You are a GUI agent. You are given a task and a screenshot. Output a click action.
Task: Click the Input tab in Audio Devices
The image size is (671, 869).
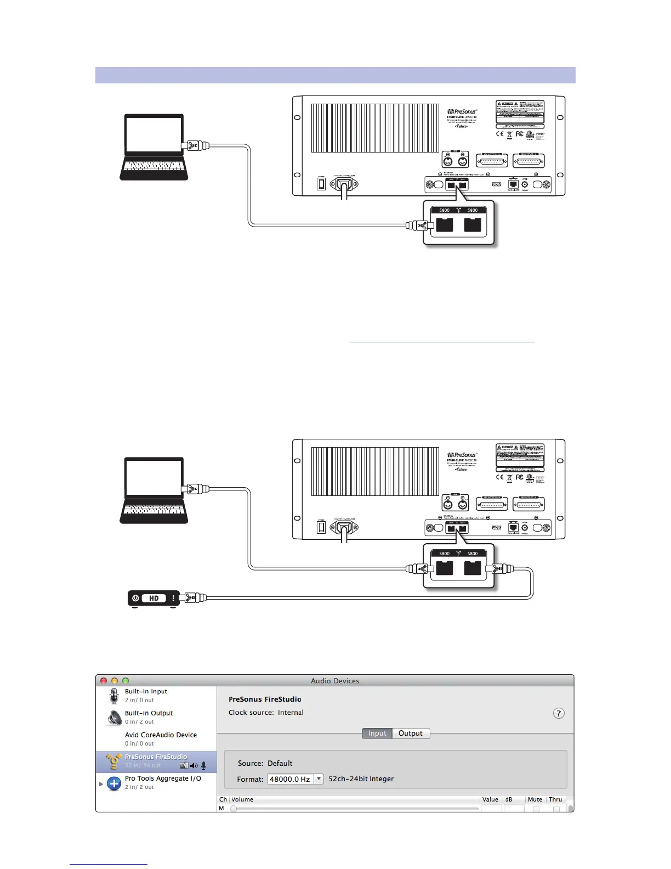pyautogui.click(x=377, y=733)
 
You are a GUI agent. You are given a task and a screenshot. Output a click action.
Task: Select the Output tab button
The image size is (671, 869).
pyautogui.click(x=411, y=733)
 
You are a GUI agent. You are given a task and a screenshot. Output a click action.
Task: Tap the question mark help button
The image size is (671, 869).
pyautogui.click(x=558, y=713)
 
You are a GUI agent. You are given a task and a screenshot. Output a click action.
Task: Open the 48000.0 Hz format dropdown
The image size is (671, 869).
pyautogui.click(x=319, y=779)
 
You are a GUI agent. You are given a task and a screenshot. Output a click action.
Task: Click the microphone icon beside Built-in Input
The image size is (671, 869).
pyautogui.click(x=114, y=696)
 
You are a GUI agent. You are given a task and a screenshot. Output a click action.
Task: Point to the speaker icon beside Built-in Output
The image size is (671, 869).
pyautogui.click(x=115, y=718)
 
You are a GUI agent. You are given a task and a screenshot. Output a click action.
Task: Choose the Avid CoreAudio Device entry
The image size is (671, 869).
pyautogui.click(x=161, y=735)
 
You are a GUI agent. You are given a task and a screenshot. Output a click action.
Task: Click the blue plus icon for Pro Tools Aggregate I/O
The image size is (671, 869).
pyautogui.click(x=114, y=783)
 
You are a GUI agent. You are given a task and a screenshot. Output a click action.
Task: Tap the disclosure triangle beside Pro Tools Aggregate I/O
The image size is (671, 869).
pyautogui.click(x=101, y=784)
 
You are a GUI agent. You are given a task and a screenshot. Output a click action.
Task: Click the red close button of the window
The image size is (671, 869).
pyautogui.click(x=104, y=681)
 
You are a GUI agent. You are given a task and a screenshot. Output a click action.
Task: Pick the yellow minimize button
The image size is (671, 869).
pyautogui.click(x=115, y=681)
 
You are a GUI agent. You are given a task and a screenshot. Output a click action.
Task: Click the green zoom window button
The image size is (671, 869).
pyautogui.click(x=126, y=681)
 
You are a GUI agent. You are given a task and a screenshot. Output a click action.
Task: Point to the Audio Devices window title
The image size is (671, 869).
pyautogui.click(x=335, y=681)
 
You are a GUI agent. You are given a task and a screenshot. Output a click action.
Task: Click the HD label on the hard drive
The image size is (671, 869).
pyautogui.click(x=154, y=598)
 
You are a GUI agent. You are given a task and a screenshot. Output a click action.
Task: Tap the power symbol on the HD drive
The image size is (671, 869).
pyautogui.click(x=135, y=598)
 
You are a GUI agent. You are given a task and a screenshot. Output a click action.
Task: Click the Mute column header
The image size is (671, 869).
pyautogui.click(x=535, y=799)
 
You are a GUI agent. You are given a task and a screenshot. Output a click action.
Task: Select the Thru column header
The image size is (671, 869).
pyautogui.click(x=555, y=799)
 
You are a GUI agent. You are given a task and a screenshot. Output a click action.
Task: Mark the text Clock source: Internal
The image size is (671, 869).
pyautogui.click(x=266, y=713)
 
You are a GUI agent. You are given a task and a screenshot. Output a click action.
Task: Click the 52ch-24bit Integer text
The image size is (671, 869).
pyautogui.click(x=361, y=779)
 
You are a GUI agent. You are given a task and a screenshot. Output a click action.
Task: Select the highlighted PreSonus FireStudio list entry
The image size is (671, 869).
pyautogui.click(x=156, y=761)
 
